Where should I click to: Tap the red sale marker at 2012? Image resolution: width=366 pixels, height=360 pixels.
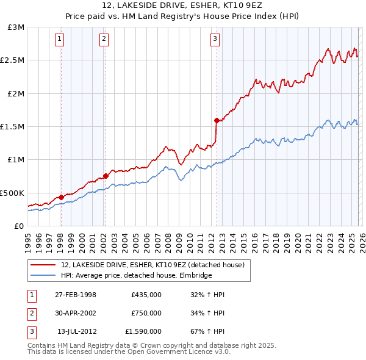point(217,121)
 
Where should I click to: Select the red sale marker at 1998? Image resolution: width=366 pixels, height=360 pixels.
point(61,197)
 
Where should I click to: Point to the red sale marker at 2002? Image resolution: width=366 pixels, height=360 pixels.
point(106,176)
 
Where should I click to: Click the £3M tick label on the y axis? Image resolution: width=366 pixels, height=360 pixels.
point(15,27)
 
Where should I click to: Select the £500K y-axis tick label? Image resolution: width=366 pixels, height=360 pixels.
point(13,193)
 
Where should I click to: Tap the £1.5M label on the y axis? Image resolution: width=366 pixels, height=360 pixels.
point(13,127)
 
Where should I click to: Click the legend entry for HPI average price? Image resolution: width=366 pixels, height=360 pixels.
point(136,276)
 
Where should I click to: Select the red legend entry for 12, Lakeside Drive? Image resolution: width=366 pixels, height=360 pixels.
point(152,265)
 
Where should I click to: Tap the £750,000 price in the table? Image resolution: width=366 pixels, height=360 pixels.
point(146,313)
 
